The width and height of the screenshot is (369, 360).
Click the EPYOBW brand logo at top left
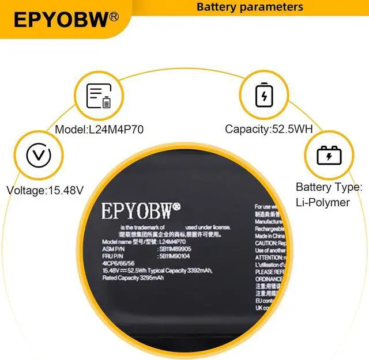[61, 20]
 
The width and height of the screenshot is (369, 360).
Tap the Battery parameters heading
[250, 7]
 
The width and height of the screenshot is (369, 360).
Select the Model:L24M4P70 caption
[99, 130]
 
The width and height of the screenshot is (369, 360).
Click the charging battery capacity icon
[265, 96]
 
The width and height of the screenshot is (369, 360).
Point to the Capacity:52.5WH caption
[269, 130]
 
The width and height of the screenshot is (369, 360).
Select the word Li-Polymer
[323, 202]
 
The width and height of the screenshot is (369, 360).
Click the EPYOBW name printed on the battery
[136, 211]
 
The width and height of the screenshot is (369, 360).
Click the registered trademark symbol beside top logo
[114, 17]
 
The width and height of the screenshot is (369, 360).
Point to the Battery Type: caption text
[329, 187]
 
